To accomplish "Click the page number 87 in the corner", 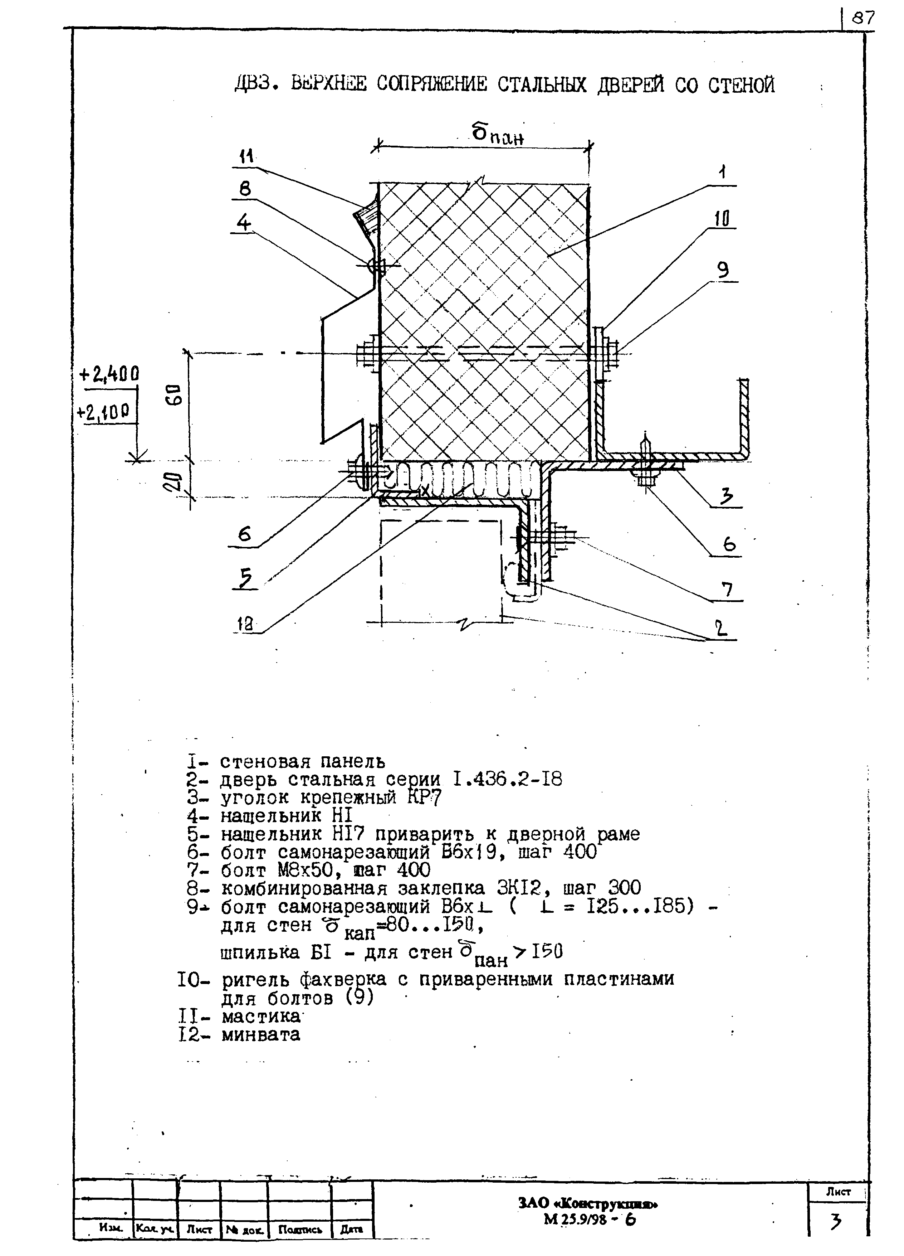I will pos(863,19).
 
